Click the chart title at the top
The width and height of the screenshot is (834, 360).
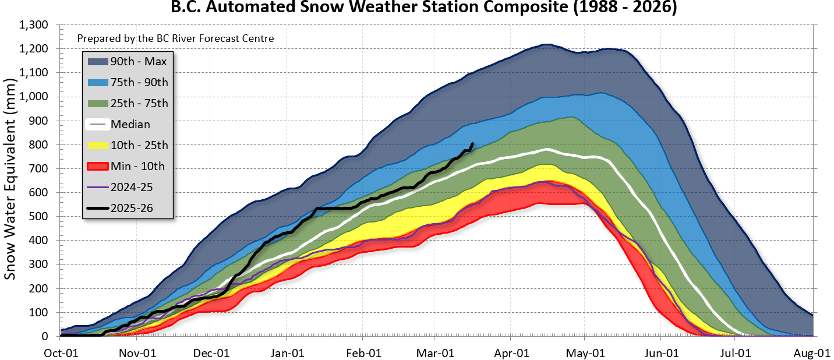pyautogui.click(x=423, y=8)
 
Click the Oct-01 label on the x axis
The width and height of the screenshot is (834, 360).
pyautogui.click(x=61, y=353)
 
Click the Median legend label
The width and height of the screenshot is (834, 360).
pyautogui.click(x=130, y=124)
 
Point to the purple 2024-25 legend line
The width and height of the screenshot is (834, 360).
pyautogui.click(x=97, y=187)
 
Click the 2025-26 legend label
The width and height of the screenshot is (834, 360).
pyautogui.click(x=132, y=208)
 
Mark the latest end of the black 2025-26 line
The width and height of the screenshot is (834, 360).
pyautogui.click(x=472, y=143)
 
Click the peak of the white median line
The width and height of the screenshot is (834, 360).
pyautogui.click(x=546, y=150)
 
